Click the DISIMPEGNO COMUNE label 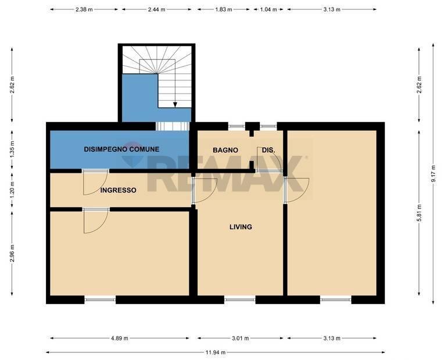point(121,149)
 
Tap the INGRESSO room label point(118,190)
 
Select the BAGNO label point(225,150)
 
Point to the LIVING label point(241,227)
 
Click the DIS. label point(268,150)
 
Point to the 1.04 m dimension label point(268,10)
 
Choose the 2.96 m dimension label point(13,255)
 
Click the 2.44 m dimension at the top point(157,10)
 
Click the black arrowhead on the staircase point(175,105)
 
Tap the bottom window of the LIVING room point(239,300)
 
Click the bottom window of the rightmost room point(335,300)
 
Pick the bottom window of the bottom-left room point(100,300)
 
